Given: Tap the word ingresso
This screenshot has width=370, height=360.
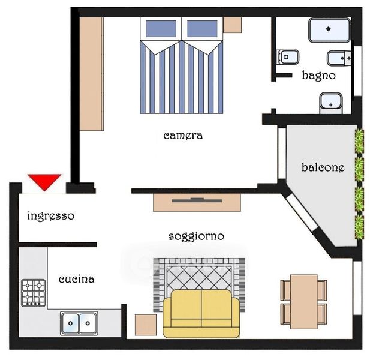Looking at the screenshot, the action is tap(51, 216).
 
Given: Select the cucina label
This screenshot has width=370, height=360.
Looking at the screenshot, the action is tap(76, 279).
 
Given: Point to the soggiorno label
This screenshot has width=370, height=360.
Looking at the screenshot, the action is tap(196, 236).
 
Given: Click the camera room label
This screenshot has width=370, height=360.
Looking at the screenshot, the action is tap(183, 136).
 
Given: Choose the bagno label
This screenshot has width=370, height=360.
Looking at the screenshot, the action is tap(319, 76).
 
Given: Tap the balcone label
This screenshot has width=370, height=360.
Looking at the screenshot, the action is tap(323, 167).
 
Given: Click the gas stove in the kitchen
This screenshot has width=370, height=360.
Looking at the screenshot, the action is tap(33, 293).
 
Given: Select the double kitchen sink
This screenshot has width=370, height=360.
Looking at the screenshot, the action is tap(79, 323).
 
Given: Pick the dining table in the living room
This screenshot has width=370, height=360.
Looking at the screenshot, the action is tap(304, 302).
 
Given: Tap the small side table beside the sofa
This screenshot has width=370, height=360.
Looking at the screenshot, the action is tap(146, 325).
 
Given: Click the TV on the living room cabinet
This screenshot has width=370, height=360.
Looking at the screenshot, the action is tap(197, 200).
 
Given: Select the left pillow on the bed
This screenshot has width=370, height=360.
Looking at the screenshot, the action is tap(161, 29).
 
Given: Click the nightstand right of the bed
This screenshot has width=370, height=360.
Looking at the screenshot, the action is tap(233, 25).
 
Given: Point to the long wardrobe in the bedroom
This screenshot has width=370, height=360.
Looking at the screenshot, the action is tap(92, 74).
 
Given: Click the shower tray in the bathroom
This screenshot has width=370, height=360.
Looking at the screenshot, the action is tap(329, 30).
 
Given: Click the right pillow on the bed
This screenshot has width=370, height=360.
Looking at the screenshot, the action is tap(202, 29).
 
